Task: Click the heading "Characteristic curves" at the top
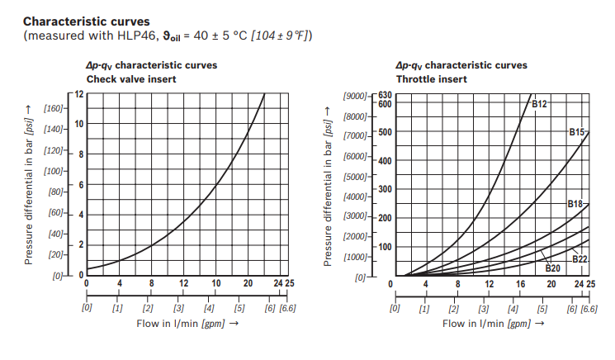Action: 86,19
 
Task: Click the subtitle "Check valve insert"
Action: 132,79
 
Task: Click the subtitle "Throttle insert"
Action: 431,79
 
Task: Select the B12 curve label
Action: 539,104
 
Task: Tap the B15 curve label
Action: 576,131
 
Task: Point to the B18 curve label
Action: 575,203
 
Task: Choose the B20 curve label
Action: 553,268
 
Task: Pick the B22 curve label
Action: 580,259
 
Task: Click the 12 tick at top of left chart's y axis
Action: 79,93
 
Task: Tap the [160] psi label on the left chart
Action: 54,108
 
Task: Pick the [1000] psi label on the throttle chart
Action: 356,257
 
